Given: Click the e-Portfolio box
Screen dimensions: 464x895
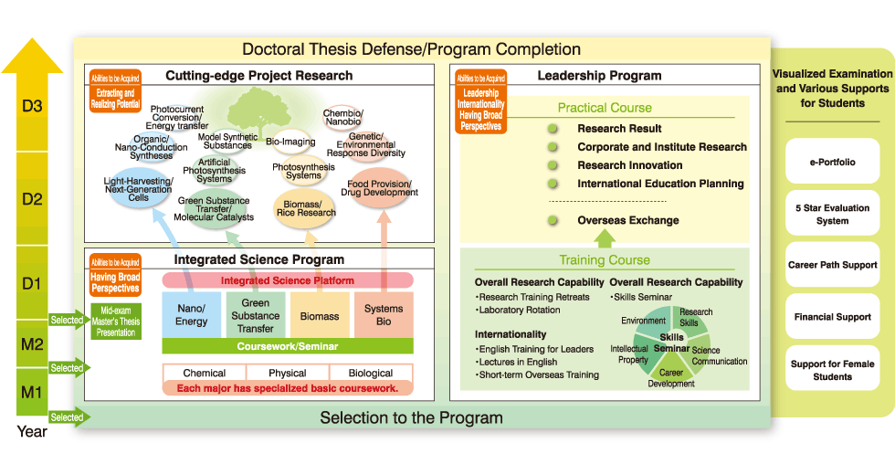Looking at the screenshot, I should pyautogui.click(x=832, y=162).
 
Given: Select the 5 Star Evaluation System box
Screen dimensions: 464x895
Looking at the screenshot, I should pyautogui.click(x=832, y=214).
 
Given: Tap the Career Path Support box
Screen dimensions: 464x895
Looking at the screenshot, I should pyautogui.click(x=832, y=265).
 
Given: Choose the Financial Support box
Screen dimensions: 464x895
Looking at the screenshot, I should pyautogui.click(x=832, y=317).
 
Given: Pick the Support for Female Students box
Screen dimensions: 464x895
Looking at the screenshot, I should pyautogui.click(x=832, y=370).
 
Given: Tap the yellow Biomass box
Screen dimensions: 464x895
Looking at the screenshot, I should pyautogui.click(x=320, y=316).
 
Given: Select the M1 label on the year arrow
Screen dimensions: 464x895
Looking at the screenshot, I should pyautogui.click(x=32, y=394).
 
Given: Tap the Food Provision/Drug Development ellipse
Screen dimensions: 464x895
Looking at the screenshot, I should pyautogui.click(x=379, y=187).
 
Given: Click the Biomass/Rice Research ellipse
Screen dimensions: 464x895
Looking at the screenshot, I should pyautogui.click(x=306, y=207).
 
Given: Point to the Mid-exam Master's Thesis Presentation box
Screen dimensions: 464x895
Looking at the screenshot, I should pyautogui.click(x=116, y=321).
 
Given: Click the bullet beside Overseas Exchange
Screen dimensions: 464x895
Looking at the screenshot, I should pyautogui.click(x=553, y=220).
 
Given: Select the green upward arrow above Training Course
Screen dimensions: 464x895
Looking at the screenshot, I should pyautogui.click(x=604, y=238).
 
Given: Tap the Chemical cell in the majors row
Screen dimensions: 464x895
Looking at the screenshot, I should pyautogui.click(x=205, y=373).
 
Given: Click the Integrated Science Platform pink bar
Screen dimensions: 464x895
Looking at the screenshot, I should pyautogui.click(x=288, y=280).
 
